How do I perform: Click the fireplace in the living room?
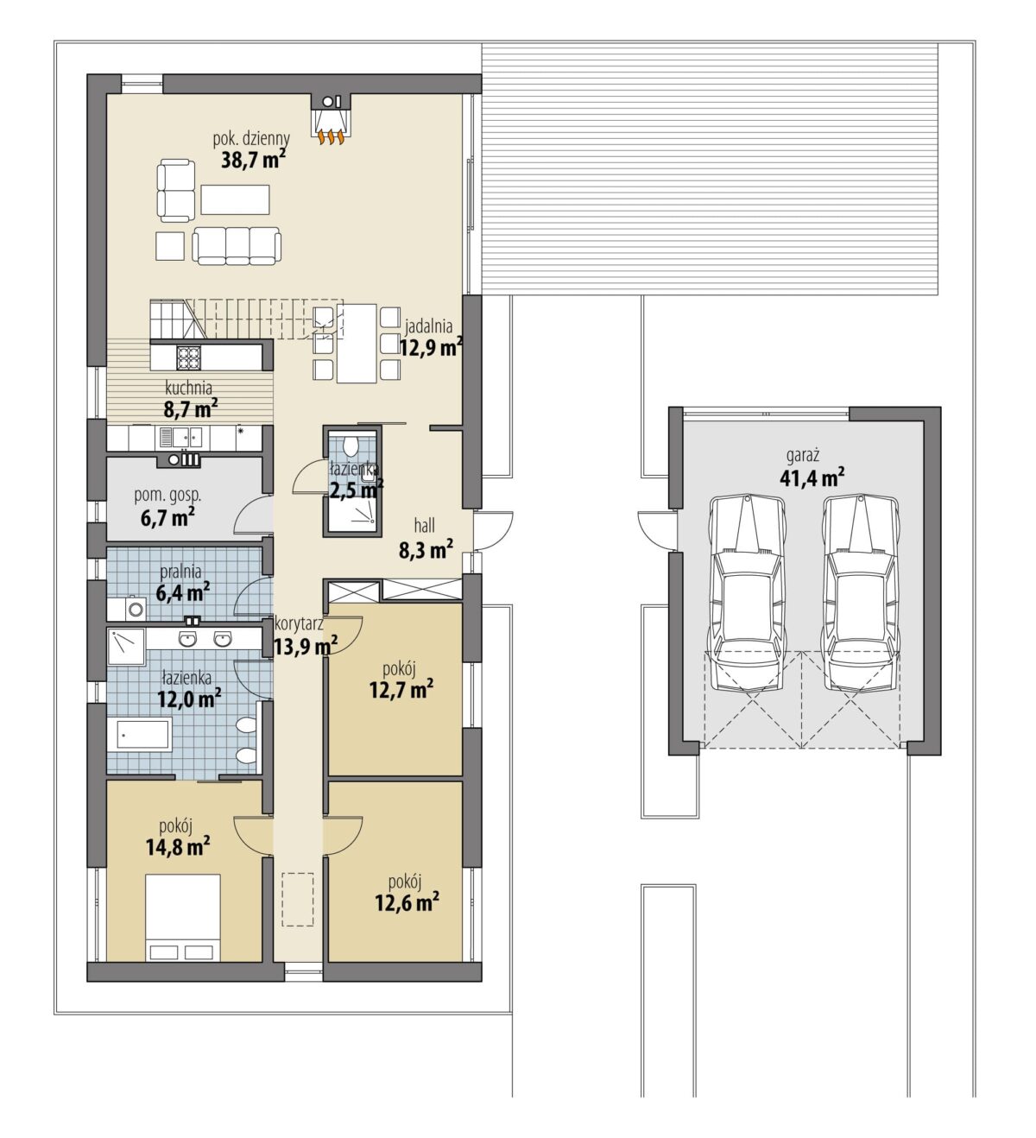(x=330, y=119)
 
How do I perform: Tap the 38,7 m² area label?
(x=253, y=160)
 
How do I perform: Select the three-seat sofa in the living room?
(x=237, y=245)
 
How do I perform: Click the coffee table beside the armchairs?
(x=234, y=199)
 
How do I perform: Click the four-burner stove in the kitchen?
(x=188, y=357)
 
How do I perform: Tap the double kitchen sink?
(x=181, y=437)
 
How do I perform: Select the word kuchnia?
(x=188, y=388)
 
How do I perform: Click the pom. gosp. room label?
(x=167, y=496)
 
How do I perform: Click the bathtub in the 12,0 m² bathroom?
(x=139, y=734)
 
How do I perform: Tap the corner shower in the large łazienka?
(x=126, y=646)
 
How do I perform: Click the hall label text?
(x=425, y=525)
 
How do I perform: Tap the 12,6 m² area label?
(x=407, y=901)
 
